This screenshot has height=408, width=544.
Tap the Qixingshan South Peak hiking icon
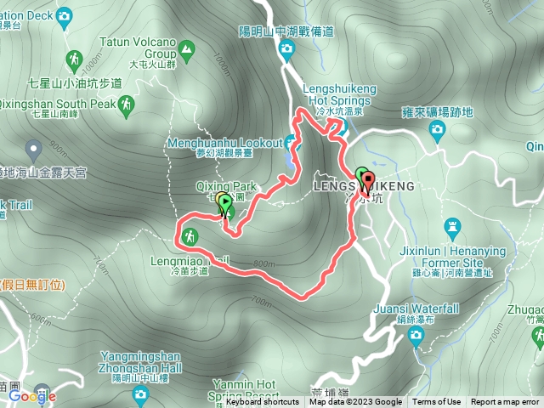tap(127, 105)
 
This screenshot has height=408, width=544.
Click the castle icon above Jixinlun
tap(452, 227)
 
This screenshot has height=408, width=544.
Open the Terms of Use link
tap(436, 402)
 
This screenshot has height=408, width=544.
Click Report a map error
tap(506, 402)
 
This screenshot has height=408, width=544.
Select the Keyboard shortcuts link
tap(262, 402)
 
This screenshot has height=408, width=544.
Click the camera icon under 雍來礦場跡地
tap(437, 129)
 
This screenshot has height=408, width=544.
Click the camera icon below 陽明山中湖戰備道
tap(287, 49)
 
